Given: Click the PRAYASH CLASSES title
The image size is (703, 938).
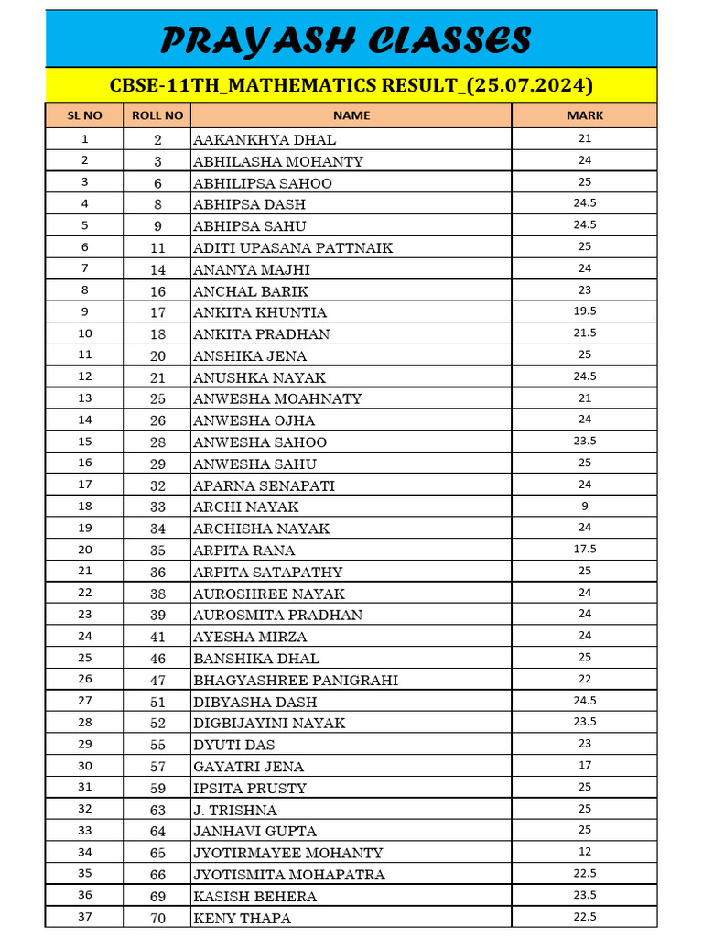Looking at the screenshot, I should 346,40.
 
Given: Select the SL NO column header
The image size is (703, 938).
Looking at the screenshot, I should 85,115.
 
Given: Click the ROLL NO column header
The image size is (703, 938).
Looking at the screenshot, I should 157,115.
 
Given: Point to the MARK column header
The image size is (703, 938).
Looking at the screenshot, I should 585,115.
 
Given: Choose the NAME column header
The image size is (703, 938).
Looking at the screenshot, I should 351,115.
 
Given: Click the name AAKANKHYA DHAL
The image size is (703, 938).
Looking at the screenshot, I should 265,140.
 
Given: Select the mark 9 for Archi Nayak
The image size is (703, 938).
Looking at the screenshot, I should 585,506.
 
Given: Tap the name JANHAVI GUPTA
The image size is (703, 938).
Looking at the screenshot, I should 255,831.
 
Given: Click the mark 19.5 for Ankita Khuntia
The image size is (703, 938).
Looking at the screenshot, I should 585,311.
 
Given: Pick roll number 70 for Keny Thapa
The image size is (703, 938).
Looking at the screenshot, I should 157,918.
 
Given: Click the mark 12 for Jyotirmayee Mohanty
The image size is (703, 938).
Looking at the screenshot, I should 585,852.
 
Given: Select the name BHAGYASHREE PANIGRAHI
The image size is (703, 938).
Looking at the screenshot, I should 296,680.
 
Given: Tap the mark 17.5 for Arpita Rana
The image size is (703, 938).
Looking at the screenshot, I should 585,549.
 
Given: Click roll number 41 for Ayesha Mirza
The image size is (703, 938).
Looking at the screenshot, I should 157,637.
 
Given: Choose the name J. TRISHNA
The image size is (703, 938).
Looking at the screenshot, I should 235,810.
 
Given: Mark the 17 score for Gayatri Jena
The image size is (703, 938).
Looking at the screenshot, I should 585,765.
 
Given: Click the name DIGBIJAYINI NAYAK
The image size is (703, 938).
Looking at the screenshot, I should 269,723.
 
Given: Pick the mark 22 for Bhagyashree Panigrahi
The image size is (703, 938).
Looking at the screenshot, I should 585,679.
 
